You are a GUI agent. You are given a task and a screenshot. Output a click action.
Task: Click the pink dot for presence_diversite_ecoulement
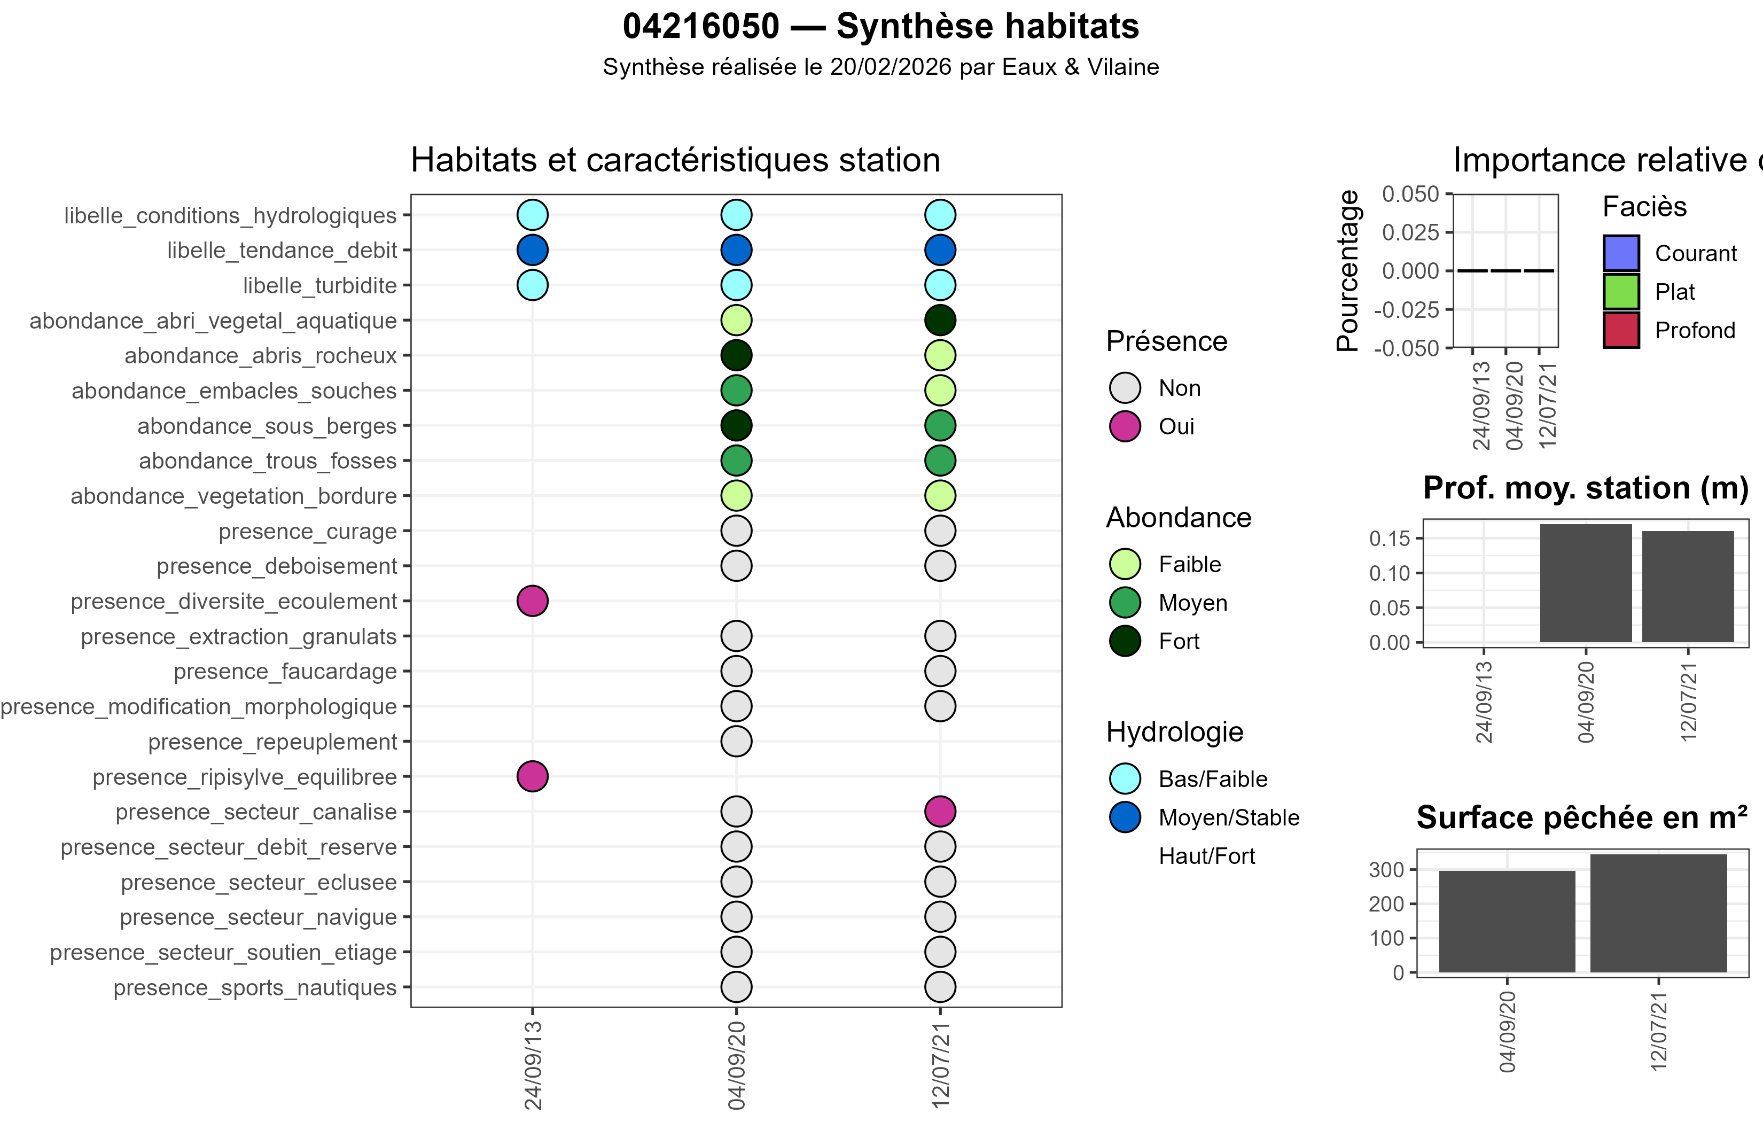coord(532,601)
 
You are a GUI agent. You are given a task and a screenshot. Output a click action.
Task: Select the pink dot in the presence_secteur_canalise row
coord(940,812)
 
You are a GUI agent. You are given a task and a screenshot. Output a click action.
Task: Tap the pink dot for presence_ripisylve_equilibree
coord(532,776)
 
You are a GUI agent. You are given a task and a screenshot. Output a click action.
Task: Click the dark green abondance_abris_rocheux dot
coord(736,355)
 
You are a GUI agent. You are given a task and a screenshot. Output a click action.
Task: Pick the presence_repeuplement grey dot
coord(736,741)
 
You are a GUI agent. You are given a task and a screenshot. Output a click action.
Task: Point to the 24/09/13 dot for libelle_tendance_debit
coord(532,250)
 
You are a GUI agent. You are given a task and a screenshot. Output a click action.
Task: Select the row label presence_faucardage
coord(285,672)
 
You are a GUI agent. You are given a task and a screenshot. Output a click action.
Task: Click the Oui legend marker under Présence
coord(1125,426)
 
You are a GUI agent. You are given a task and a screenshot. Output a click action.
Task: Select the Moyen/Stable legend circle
coord(1125,817)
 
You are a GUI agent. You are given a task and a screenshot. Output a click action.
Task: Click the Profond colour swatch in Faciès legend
coord(1621,330)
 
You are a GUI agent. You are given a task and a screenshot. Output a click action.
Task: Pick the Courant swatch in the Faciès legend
coord(1621,253)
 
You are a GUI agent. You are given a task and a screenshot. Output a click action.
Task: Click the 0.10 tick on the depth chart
coord(1389,573)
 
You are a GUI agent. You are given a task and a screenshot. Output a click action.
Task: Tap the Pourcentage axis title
coord(1347,270)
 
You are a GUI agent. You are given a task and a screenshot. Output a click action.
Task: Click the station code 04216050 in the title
coord(701,27)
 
